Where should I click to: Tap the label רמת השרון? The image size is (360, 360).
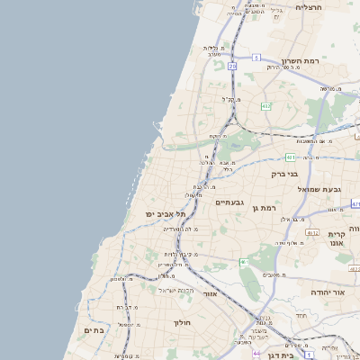coord(301,62)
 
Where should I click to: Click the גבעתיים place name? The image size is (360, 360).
coord(231,203)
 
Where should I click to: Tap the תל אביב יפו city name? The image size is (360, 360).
coord(150,214)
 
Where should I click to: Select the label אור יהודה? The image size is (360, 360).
coord(327,292)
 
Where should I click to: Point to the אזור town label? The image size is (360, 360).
coord(211,293)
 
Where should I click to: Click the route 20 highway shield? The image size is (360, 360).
coord(232,66)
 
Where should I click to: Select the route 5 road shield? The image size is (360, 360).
coord(256,58)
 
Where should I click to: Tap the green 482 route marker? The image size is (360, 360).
coord(265,106)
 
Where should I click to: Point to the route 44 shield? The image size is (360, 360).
coord(256,354)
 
